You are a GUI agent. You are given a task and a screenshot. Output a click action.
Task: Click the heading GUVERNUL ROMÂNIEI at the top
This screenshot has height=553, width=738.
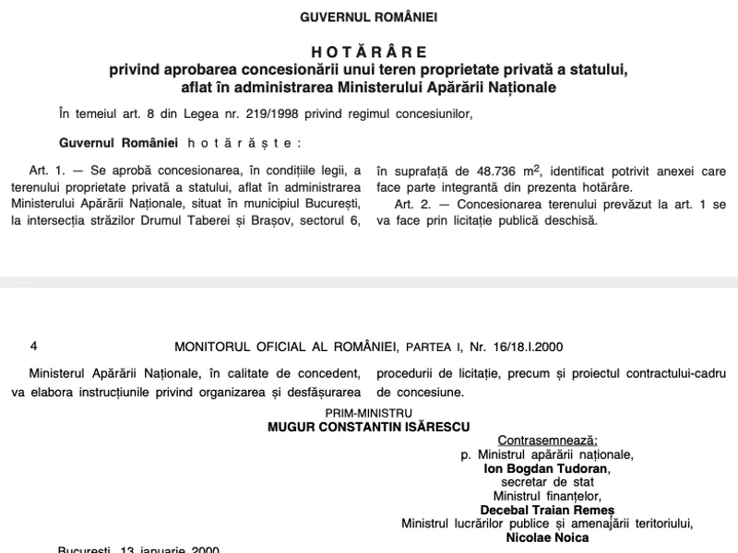point(368,17)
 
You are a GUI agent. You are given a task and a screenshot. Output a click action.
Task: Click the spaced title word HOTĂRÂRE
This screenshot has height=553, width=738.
point(368,53)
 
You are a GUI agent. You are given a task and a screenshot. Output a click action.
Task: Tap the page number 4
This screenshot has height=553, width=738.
point(33,347)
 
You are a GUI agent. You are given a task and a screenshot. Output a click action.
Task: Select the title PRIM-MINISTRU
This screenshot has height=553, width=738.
point(368,414)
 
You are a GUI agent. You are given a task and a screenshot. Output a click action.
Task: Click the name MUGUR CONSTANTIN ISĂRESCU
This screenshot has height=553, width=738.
point(368,427)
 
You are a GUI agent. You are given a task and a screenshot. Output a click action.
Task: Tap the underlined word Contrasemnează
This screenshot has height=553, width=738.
point(548,441)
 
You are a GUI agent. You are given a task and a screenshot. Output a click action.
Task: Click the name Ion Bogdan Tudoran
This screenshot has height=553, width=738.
point(546,467)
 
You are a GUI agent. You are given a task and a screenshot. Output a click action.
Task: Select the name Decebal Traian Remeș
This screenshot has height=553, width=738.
point(547,510)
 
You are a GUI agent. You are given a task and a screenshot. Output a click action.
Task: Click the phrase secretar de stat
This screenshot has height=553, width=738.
point(547,481)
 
